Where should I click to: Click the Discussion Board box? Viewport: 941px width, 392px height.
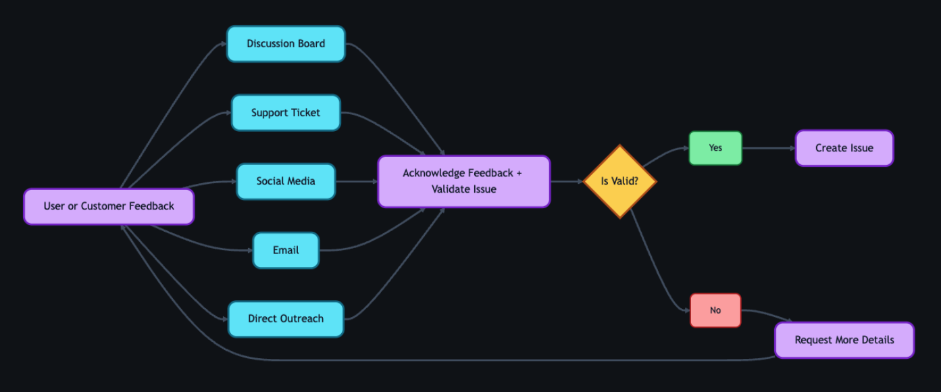pos(286,44)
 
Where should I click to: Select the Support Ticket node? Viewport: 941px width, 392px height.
pos(286,113)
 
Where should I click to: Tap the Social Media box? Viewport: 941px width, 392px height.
pos(286,181)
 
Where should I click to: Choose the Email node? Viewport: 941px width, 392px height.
pos(286,250)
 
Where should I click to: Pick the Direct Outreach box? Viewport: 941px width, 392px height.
pos(286,319)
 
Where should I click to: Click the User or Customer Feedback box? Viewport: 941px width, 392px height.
pos(109,206)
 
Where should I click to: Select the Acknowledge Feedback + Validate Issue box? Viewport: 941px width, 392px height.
pos(463,181)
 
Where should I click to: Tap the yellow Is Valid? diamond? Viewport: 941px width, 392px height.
pos(619,181)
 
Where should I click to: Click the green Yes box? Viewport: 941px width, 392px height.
pos(715,148)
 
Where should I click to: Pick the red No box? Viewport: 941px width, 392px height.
pos(715,310)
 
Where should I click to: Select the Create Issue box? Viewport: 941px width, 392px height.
pos(844,148)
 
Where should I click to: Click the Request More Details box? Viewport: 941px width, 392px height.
pos(844,340)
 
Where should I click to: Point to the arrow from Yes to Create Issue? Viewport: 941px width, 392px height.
pos(769,148)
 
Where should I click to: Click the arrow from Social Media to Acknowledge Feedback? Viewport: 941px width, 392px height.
pos(356,181)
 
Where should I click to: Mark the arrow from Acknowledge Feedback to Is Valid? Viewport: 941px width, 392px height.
pos(567,181)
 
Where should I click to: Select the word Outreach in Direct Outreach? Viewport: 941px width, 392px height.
pos(301,319)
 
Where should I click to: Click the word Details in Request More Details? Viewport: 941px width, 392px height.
pos(877,340)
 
